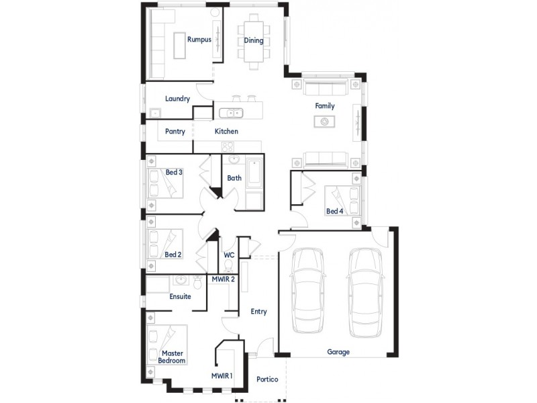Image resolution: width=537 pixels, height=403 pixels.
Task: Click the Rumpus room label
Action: coord(199,40)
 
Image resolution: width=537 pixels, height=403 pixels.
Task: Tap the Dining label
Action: coord(253,40)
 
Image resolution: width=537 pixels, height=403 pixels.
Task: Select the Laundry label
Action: coord(178,99)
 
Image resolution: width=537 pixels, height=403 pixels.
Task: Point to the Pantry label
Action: coord(175,132)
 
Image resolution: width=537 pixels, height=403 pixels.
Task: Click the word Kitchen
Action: coord(226,132)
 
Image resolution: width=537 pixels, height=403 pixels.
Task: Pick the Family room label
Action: coord(325,106)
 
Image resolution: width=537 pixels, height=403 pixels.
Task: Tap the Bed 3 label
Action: coord(174,173)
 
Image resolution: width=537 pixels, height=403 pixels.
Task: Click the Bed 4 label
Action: coord(334,212)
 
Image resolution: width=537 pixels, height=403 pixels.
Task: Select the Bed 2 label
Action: coord(173,255)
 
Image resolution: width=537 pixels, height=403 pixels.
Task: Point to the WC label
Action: coord(228,255)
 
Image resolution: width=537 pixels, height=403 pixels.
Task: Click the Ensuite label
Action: coord(180,296)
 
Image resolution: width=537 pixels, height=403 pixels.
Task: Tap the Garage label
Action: coord(338,351)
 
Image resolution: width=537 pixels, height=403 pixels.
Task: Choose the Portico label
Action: coord(267,379)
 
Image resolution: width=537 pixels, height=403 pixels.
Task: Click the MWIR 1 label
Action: coord(222,375)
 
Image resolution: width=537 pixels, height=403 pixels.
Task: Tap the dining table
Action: coord(254,42)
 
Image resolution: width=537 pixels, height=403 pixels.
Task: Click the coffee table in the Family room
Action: coord(325,122)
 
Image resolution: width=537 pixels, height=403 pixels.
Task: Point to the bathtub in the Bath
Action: coord(255,174)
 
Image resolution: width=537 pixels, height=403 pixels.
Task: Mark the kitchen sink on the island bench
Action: coord(233,113)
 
